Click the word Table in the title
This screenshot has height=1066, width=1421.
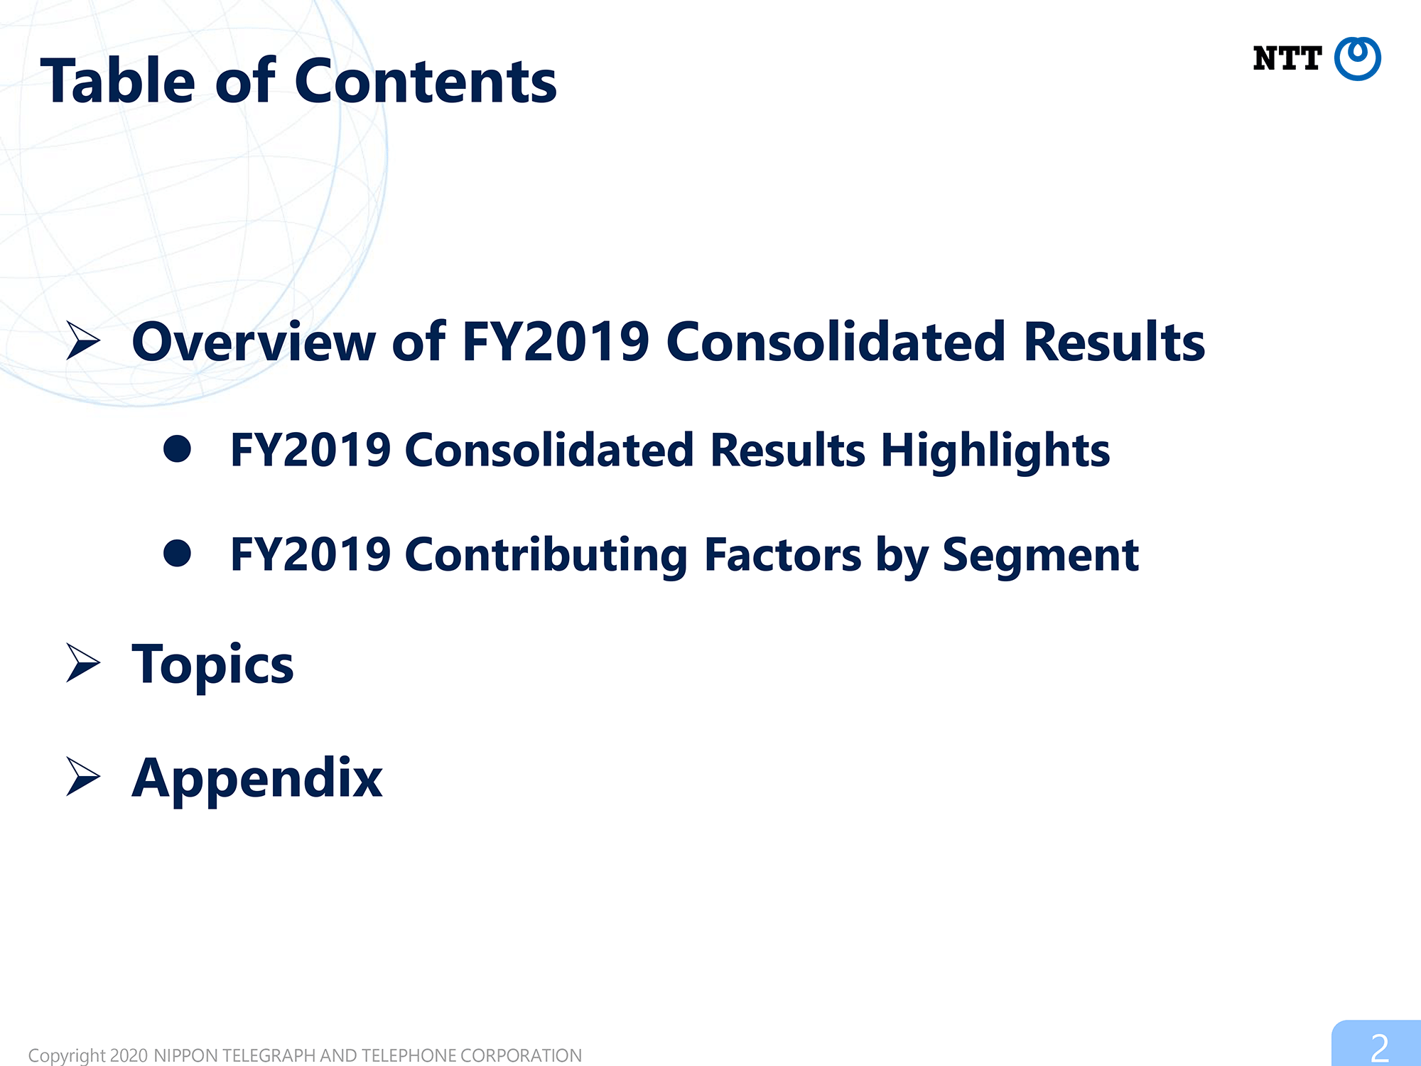[118, 81]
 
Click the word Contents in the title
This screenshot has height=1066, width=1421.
[426, 82]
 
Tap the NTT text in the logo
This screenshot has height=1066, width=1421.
[1287, 58]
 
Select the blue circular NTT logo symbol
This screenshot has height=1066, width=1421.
[1357, 58]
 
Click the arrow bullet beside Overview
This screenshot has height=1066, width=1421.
[83, 340]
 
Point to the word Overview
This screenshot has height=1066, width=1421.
[254, 342]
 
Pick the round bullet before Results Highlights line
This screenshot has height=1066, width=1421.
[177, 449]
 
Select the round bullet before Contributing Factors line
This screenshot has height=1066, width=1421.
[177, 553]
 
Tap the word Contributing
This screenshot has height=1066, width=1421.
[546, 556]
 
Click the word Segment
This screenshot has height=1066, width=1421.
[1041, 556]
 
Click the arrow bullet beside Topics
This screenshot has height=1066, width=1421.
[83, 662]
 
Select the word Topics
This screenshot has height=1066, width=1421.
[212, 665]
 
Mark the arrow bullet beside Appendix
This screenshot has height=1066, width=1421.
[83, 776]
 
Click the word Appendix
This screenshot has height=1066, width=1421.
[257, 779]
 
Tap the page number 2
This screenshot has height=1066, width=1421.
[1379, 1048]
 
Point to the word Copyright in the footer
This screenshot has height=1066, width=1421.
[67, 1055]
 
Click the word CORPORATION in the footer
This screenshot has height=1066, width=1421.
[521, 1055]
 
